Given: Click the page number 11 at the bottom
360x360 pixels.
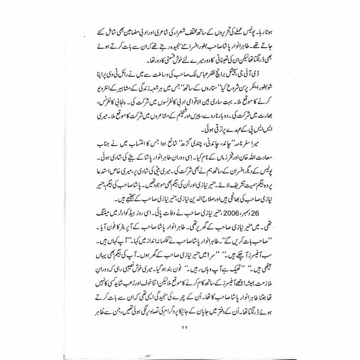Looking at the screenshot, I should pos(180,327).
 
